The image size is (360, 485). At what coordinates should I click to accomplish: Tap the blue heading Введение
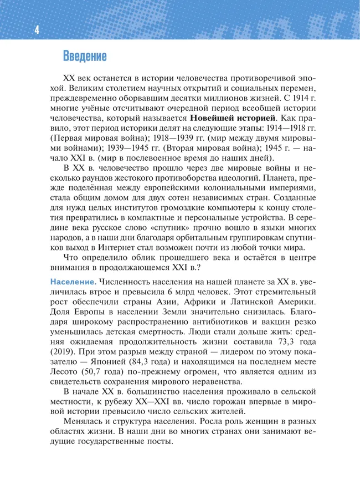[x=84, y=56]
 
